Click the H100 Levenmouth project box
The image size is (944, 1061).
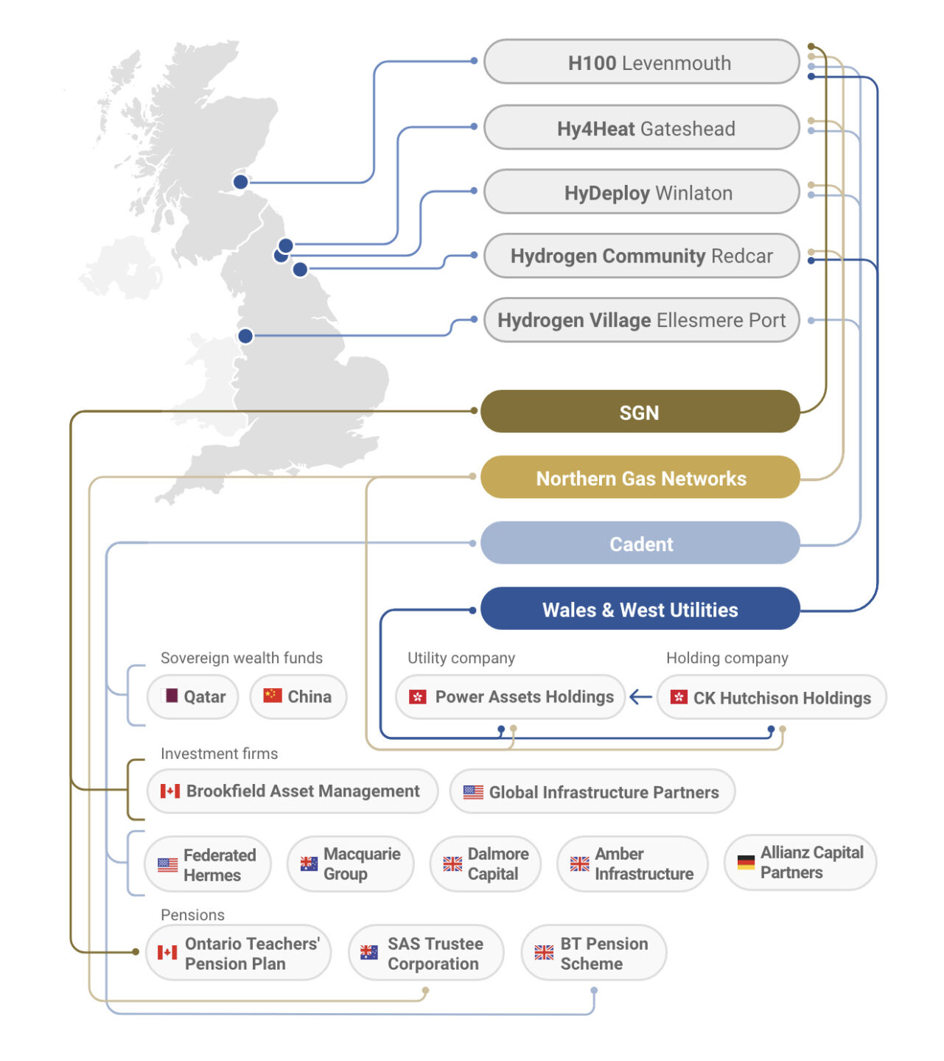[641, 63]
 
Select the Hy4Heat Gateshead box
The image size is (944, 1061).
[641, 128]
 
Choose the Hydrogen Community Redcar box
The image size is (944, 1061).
[641, 256]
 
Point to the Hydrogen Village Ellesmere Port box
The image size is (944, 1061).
[641, 321]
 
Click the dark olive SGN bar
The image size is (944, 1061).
[640, 412]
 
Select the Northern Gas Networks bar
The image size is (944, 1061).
[640, 477]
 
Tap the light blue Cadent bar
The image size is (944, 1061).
[640, 544]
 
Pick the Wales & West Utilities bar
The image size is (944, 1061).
[640, 609]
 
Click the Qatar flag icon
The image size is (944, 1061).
[170, 696]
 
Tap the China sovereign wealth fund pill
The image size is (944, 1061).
[298, 696]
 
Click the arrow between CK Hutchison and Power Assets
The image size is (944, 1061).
[640, 696]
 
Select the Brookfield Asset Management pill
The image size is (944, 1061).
[292, 791]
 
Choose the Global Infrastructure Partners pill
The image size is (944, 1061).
[592, 792]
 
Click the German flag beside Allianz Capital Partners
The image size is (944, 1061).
[746, 862]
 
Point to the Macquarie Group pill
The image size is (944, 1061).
[350, 864]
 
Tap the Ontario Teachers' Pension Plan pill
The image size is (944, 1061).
[238, 953]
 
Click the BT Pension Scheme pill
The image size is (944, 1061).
[594, 953]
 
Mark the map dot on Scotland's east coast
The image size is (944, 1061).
[240, 181]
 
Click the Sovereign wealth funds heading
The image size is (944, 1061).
[242, 658]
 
